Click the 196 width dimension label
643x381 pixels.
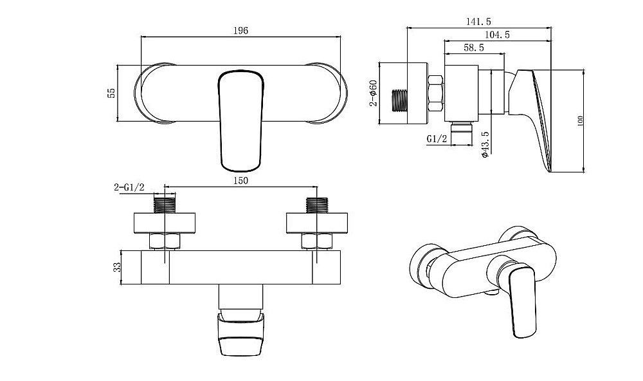240,31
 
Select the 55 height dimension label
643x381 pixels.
111,93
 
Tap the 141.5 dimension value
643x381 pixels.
478,22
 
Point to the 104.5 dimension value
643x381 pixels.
497,35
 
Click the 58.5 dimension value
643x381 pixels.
474,48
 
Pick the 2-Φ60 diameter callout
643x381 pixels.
373,93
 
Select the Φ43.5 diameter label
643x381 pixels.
485,145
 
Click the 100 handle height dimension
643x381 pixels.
580,121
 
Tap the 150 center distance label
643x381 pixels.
240,181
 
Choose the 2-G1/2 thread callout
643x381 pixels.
129,188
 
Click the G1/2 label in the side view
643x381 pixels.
437,140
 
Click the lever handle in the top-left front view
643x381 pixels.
240,121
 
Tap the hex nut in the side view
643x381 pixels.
435,93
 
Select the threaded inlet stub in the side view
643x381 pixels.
399,100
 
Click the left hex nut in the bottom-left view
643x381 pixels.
165,241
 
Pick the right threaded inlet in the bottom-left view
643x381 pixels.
317,205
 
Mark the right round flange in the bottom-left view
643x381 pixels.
317,223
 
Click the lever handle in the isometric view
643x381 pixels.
522,302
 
